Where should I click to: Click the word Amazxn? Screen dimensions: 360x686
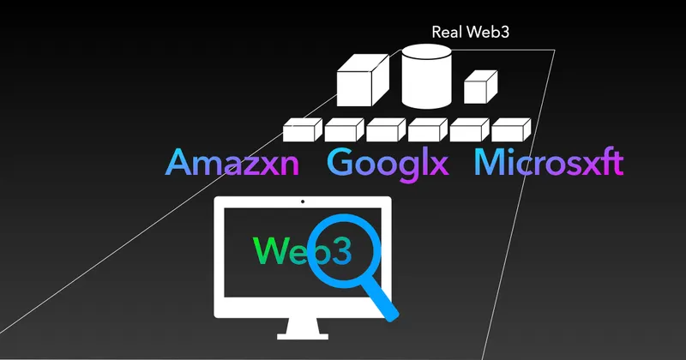(x=232, y=163)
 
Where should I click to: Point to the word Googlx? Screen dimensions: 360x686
(x=388, y=163)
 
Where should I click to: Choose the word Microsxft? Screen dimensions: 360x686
(x=548, y=163)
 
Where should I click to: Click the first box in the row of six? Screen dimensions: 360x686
(x=303, y=130)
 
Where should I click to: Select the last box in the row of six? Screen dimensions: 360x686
(x=512, y=130)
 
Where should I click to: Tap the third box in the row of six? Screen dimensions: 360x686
(x=386, y=130)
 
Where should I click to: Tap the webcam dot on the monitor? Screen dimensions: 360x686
(x=303, y=203)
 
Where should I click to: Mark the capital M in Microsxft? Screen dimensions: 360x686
(x=488, y=163)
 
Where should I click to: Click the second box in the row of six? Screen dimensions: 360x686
(x=345, y=130)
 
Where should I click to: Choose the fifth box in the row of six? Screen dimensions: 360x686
(x=470, y=130)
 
